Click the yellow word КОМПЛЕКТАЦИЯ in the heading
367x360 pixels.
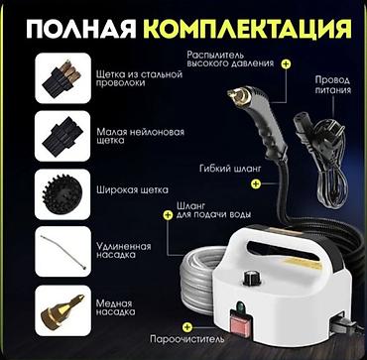point(247,30)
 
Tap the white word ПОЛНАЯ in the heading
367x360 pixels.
point(81,30)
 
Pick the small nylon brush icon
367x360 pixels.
point(62,136)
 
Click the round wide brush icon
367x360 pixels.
point(62,193)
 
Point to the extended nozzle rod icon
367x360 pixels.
point(62,251)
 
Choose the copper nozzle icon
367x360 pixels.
point(61,309)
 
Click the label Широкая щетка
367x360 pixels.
point(133,190)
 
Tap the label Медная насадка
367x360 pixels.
point(116,307)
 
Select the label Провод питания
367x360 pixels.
point(332,84)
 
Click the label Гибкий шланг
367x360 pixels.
point(230,169)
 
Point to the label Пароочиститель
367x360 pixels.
point(187,339)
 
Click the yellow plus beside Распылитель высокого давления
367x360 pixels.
point(286,63)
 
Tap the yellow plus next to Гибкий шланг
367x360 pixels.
point(256,183)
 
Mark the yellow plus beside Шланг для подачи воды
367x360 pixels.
point(168,215)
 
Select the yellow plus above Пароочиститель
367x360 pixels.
point(187,326)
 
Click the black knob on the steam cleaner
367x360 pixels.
point(249,278)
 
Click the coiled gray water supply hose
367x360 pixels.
point(198,281)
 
